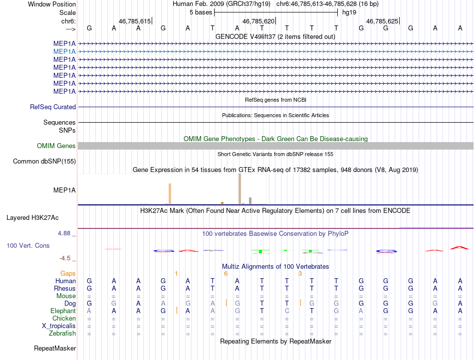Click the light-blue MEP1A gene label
pos(64,51)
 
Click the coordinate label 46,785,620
pos(258,21)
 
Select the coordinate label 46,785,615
pos(135,21)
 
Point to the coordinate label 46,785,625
pos(382,21)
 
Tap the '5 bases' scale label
pos(201,12)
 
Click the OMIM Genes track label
pos(56,146)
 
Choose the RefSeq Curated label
pos(53,107)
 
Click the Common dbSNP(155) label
pos(44,162)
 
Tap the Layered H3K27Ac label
pos(32,218)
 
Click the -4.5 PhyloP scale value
pos(66,258)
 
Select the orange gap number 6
pos(226,274)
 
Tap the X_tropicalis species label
pos(59,326)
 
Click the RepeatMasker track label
pos(54,348)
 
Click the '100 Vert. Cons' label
pos(28,246)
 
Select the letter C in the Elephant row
pos(287,311)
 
